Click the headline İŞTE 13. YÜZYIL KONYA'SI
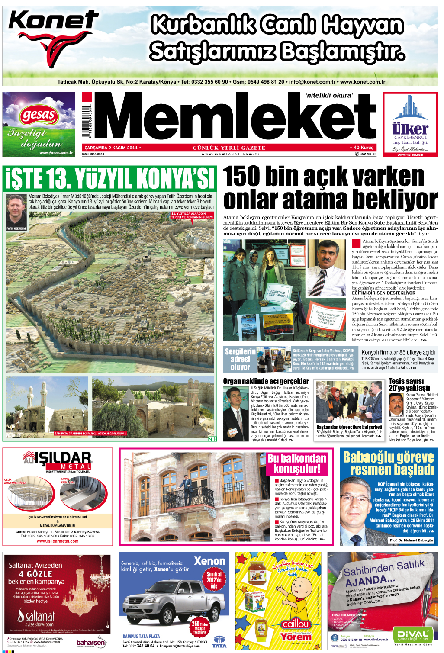[109, 178]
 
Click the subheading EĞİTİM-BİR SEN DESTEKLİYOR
[383, 293]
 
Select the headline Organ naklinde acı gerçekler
[266, 381]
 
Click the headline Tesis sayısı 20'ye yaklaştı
[409, 385]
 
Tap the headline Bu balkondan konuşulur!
[297, 463]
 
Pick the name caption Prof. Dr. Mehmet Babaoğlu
[411, 540]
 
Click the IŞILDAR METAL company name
[63, 459]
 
